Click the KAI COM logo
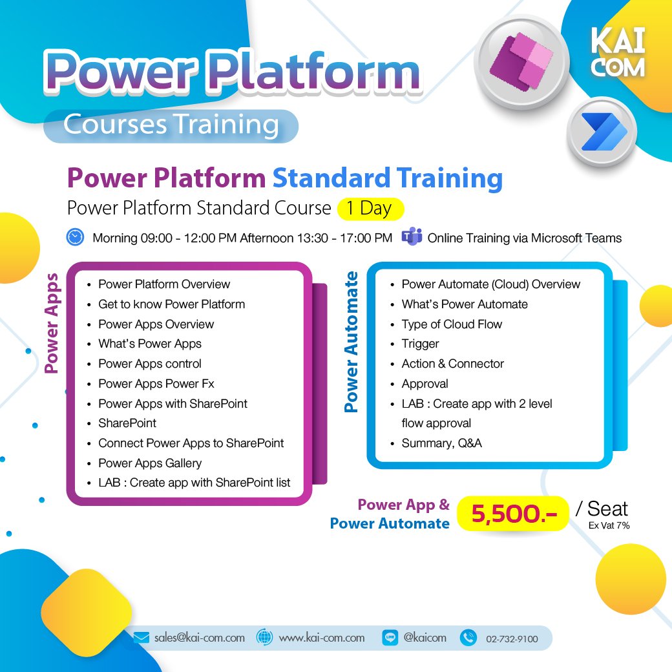click(x=618, y=52)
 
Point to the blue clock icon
click(x=75, y=237)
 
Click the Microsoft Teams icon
click(x=411, y=237)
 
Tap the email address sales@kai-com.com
click(x=199, y=638)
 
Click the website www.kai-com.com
click(x=322, y=638)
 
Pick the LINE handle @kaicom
click(x=425, y=638)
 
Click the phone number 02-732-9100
click(x=511, y=639)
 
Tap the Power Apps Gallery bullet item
click(x=150, y=463)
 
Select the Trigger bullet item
click(x=420, y=344)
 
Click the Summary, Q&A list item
click(x=441, y=443)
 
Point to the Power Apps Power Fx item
click(x=156, y=383)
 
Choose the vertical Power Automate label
click(x=351, y=342)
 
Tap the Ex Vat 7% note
click(x=609, y=525)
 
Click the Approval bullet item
click(x=425, y=383)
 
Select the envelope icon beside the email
click(x=142, y=638)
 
